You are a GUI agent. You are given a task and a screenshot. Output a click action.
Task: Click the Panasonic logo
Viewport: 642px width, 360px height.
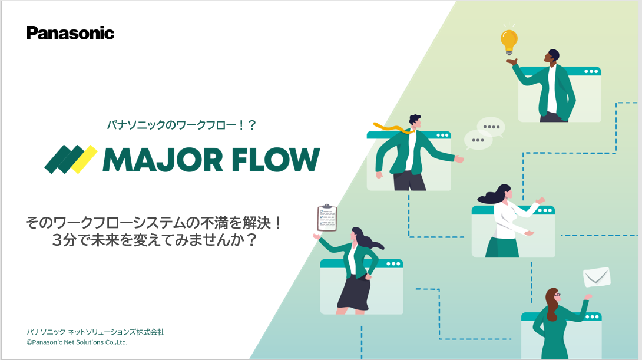point(70,33)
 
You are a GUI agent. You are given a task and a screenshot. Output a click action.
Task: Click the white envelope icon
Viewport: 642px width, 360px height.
point(596,276)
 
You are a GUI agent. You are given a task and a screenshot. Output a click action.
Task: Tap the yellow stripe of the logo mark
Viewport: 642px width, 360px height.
point(84,159)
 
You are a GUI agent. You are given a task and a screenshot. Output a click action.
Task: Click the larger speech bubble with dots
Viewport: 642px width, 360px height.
point(490,126)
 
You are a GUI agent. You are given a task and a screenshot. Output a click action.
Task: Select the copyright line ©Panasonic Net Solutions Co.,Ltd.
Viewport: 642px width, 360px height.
point(77,342)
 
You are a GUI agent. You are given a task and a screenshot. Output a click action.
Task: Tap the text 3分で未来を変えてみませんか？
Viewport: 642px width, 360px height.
point(154,240)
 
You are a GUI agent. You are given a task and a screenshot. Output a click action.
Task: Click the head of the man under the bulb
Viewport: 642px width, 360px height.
point(553,57)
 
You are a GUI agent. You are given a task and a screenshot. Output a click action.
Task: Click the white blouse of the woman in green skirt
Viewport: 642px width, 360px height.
point(507,218)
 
